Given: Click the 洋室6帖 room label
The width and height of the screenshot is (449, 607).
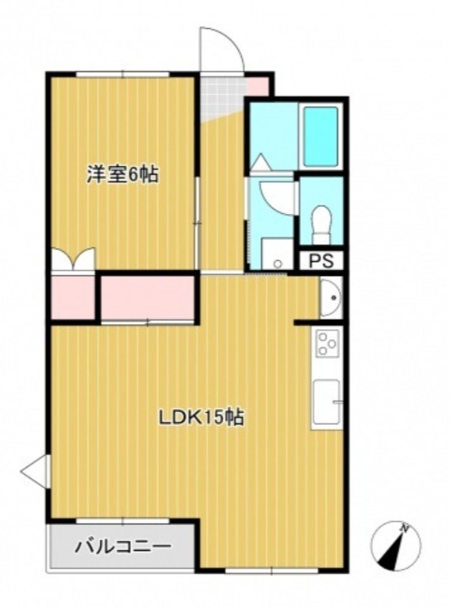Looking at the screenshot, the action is [x=122, y=175].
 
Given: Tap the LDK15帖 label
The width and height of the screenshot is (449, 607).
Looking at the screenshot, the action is [x=202, y=417].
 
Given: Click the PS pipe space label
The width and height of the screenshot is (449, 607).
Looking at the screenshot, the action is [x=321, y=260].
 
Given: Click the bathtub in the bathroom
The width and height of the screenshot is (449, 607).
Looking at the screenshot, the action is [x=320, y=137].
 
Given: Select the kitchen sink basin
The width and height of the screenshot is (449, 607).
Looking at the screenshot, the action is [x=327, y=401].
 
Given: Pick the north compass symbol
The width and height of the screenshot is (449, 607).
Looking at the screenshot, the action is [x=396, y=546].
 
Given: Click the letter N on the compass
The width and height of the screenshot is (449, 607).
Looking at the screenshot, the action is [x=405, y=527].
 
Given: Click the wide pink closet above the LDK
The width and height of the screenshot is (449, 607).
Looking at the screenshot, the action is [x=148, y=297].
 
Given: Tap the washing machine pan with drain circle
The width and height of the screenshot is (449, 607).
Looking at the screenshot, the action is [x=277, y=253].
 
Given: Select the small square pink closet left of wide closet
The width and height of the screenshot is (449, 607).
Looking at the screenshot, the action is [x=73, y=297].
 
